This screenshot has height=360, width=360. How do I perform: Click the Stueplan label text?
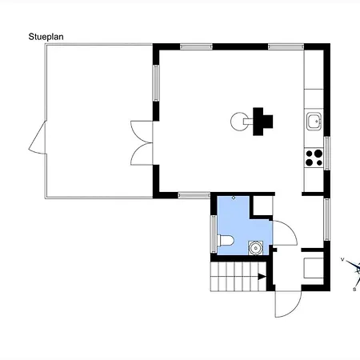pos(46,37)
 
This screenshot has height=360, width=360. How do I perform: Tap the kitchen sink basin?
pos(314,122)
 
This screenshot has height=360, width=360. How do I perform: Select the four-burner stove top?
pos(314,158)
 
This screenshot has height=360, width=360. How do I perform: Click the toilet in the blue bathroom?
pos(226,241)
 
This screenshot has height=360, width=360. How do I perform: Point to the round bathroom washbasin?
pos(256,248)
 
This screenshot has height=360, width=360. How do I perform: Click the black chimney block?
pos(262,122)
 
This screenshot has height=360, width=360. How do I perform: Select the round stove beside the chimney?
pos(239,122)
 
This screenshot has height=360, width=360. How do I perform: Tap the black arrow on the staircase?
pos(262,277)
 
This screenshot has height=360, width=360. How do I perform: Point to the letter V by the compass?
pos(342,259)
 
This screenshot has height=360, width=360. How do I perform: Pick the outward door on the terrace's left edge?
pos(38,138)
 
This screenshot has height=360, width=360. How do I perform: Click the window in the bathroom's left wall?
pos(214,234)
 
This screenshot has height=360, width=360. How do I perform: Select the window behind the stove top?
pos(327,153)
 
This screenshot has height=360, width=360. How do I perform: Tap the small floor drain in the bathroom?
pos(234,198)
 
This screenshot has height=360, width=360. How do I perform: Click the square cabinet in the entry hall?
pos(314,268)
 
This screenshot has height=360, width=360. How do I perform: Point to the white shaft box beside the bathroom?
pos(263,206)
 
